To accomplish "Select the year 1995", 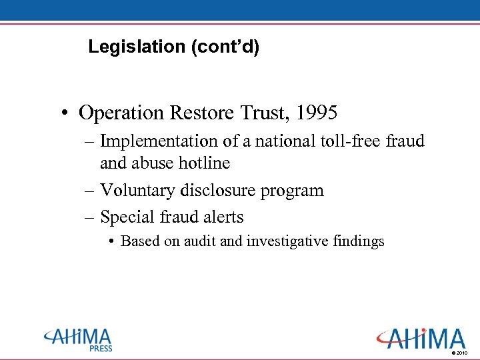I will [x=317, y=113].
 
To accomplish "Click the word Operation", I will [x=122, y=113].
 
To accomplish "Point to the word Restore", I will [x=201, y=113].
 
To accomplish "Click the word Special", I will [x=127, y=217].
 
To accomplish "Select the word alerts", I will [x=223, y=217].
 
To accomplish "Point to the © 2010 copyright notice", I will [x=460, y=352].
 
